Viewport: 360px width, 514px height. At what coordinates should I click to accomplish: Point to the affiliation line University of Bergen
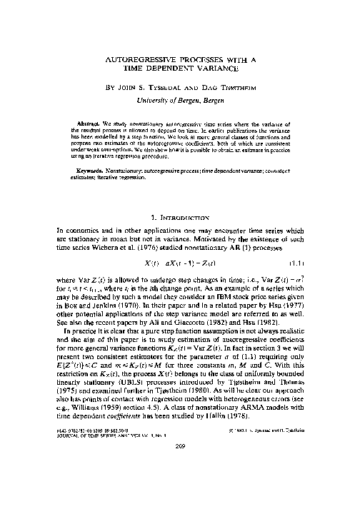point(180,103)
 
